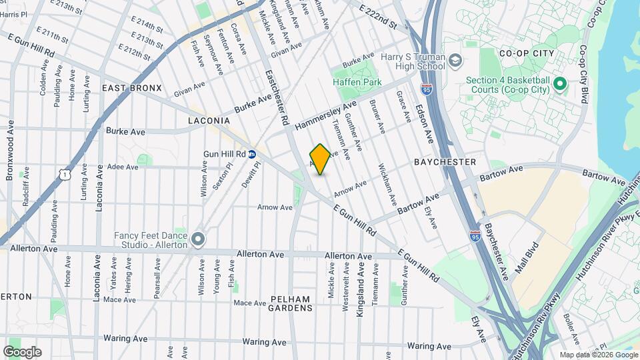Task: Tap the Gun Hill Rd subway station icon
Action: coord(252,154)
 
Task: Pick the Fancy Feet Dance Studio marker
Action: coord(197,239)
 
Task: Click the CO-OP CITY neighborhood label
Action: coord(523,53)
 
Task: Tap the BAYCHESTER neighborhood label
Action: coord(445,162)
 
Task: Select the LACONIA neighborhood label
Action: coord(209,121)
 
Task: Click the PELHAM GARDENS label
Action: coord(291,303)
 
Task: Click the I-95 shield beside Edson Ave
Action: coord(426,89)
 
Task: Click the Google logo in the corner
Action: coord(22,352)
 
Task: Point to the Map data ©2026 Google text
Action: coord(599,355)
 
